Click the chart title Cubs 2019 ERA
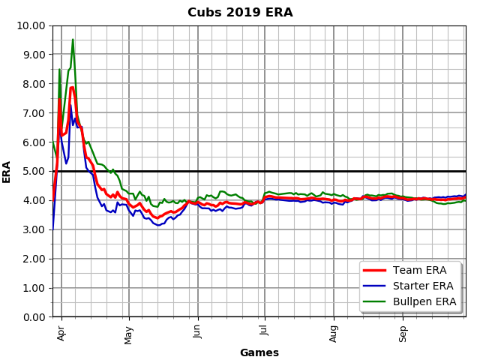[240, 13]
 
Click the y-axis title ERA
[7, 171]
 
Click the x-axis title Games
[259, 352]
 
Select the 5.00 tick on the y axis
[34, 171]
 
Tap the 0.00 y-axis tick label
[34, 317]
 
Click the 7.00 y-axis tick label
[34, 113]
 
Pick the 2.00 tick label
[34, 259]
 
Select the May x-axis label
[129, 332]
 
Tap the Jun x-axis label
[198, 332]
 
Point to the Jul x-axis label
[265, 331]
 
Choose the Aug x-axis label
[334, 332]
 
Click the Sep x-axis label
[403, 332]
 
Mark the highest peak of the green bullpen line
[73, 39]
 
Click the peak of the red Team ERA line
[72, 87]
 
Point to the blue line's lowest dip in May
[157, 226]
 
